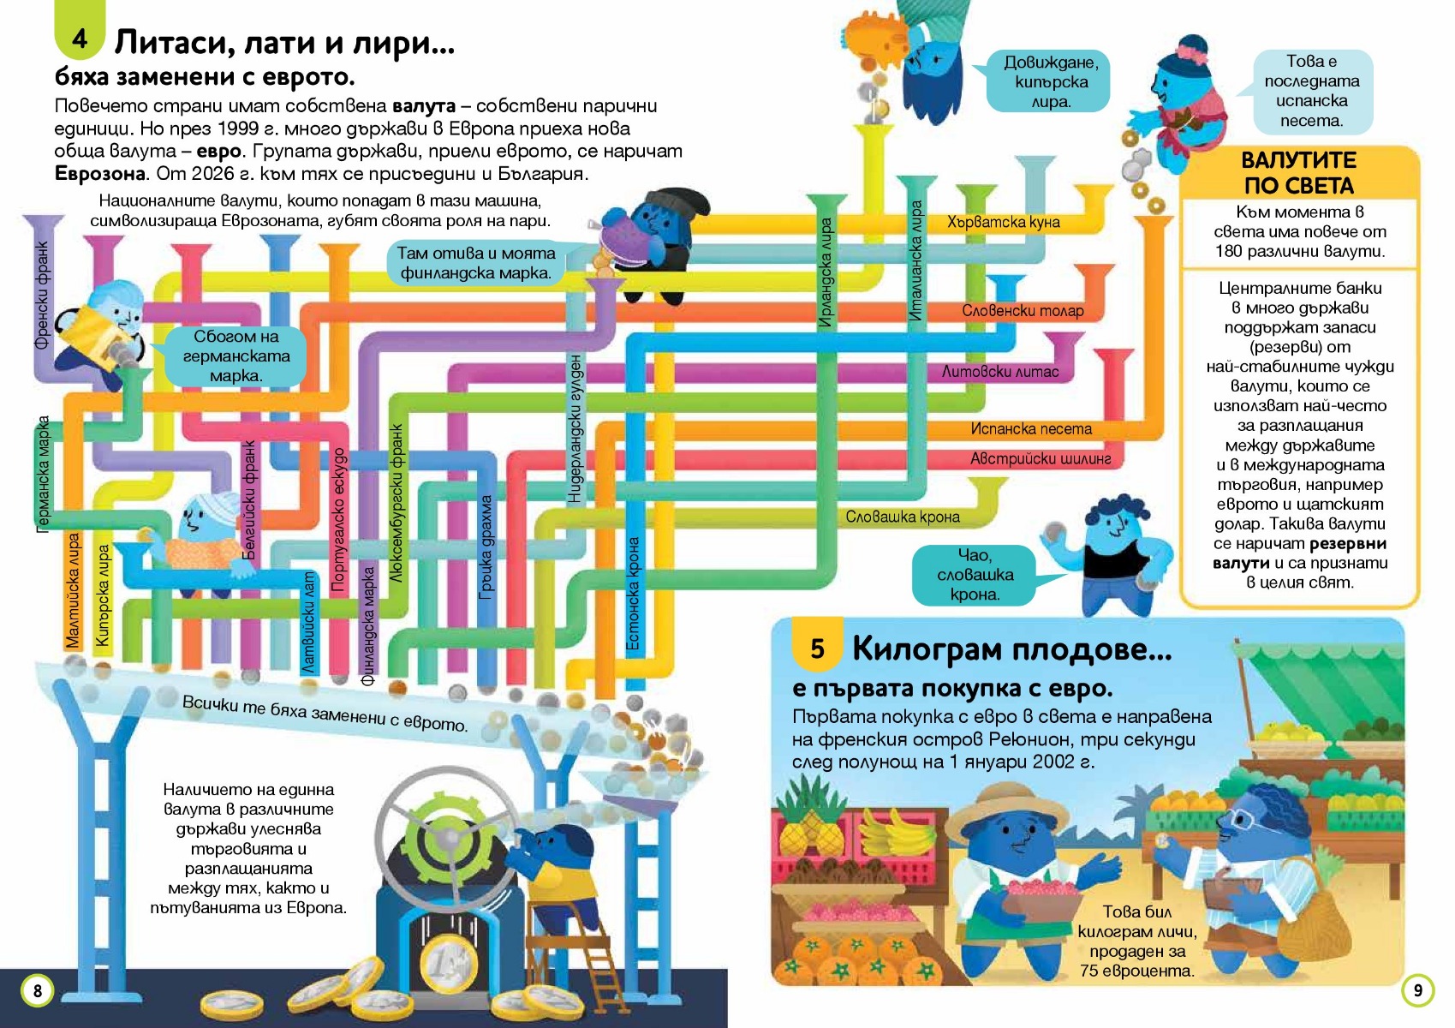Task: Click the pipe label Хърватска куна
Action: tap(1003, 222)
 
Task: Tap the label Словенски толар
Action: tap(1023, 311)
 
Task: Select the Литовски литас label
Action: tap(1000, 372)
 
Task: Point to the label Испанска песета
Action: tap(1031, 429)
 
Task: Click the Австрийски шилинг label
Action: tap(1041, 459)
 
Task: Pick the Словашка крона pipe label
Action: tap(903, 517)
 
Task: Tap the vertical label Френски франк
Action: tap(42, 295)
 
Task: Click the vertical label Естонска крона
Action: tap(633, 594)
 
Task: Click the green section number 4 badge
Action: tap(80, 31)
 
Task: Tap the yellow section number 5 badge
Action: tap(817, 647)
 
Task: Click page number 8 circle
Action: tap(37, 990)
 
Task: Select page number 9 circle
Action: tap(1418, 989)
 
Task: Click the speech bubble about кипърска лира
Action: tap(1047, 81)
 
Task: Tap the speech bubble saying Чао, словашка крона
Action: tap(975, 575)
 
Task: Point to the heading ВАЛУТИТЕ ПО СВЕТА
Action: tap(1298, 173)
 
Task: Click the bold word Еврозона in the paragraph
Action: tap(100, 174)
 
